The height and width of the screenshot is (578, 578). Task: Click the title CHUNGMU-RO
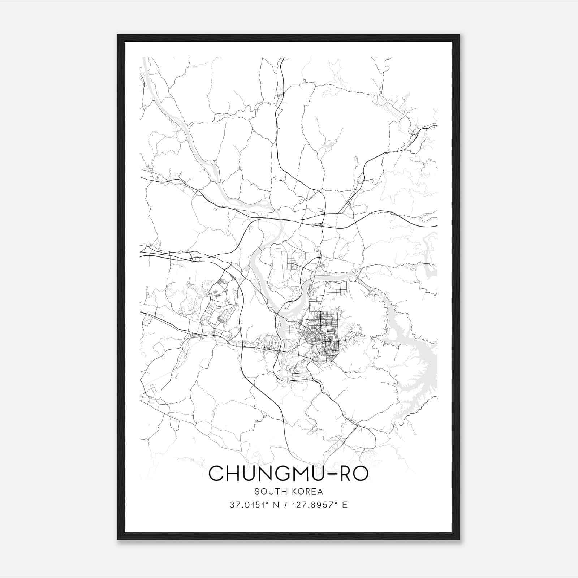point(288,474)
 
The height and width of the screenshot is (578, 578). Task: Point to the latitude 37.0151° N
point(255,505)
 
